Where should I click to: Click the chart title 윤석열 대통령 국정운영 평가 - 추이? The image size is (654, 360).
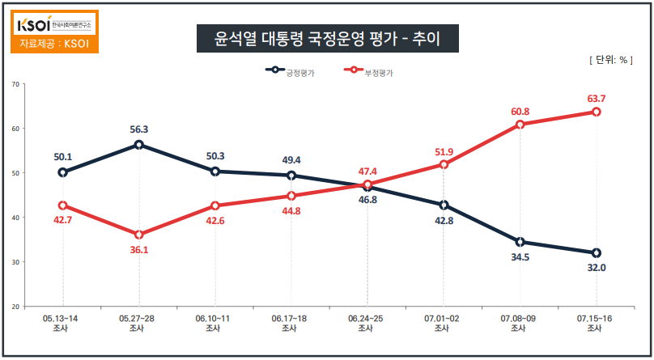point(327,39)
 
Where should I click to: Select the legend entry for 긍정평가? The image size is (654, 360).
point(291,72)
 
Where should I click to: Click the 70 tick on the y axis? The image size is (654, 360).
point(15,83)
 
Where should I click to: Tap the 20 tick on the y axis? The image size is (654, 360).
point(15,307)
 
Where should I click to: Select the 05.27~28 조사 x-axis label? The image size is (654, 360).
point(138,324)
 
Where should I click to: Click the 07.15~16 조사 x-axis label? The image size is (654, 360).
point(595,324)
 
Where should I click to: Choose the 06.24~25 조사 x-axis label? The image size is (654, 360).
point(367,324)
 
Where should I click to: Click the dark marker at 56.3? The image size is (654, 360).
point(139,145)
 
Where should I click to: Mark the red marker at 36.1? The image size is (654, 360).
point(139,235)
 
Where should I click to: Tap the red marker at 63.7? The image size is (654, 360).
point(596,112)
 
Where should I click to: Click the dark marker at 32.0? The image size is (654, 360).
point(596,253)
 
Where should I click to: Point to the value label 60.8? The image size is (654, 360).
point(520,111)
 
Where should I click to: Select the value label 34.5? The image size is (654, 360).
point(520,256)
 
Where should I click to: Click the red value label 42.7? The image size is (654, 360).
point(63,220)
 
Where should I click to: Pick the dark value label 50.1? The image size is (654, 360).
point(63,157)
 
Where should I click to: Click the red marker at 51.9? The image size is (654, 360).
point(444,164)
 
